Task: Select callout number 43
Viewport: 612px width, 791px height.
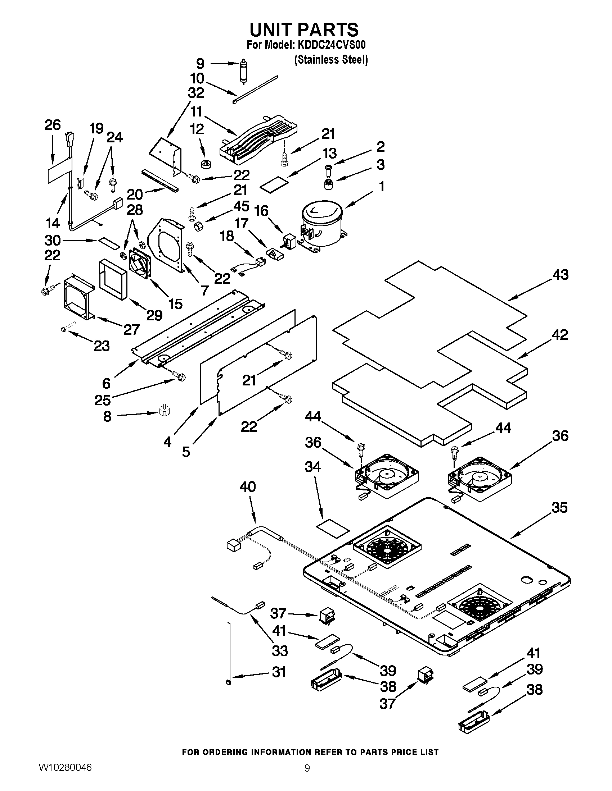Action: pos(560,275)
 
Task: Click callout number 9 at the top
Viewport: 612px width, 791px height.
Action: pos(200,64)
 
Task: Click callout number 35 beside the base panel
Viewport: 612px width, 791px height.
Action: pos(559,507)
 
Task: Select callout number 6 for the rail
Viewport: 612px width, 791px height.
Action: pos(106,383)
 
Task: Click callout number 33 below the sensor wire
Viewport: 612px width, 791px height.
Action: pos(280,651)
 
